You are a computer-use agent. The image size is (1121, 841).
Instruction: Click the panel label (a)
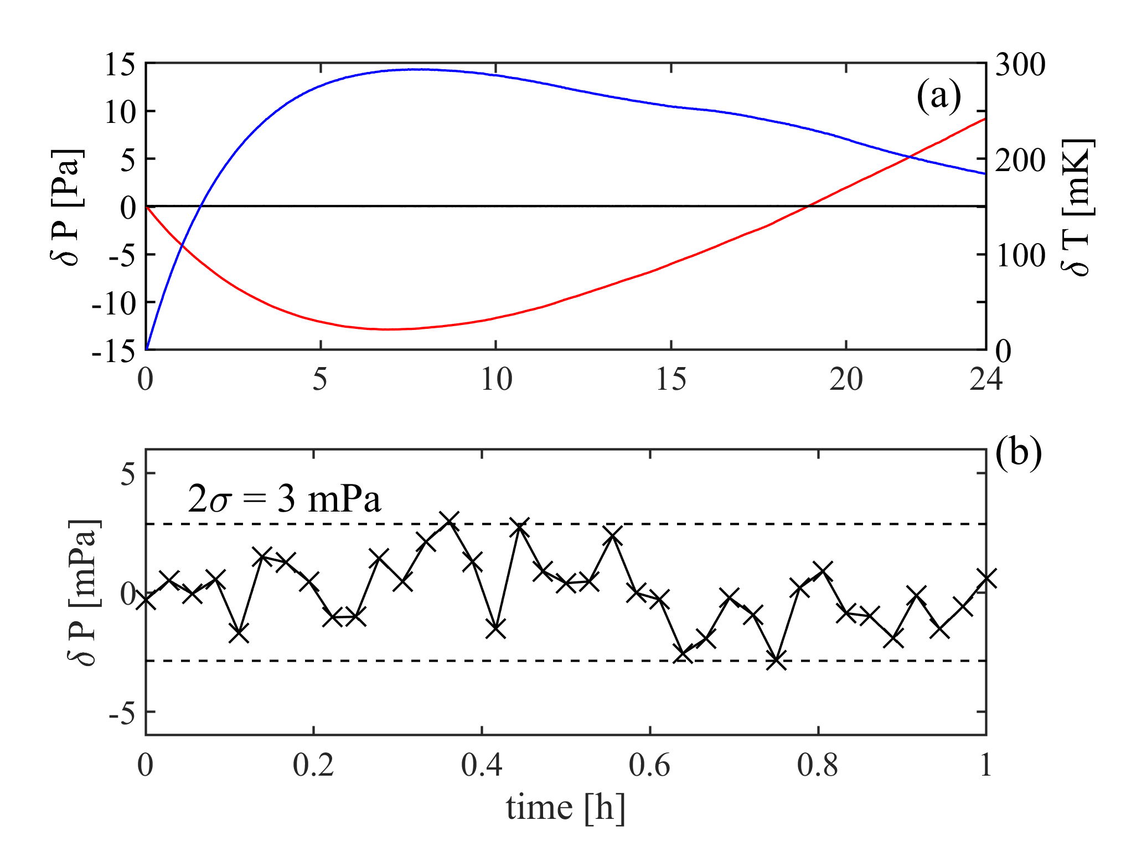[x=939, y=96]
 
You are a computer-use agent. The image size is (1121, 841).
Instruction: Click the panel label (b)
[x=1019, y=453]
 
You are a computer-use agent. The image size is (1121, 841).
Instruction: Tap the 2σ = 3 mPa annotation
[x=285, y=499]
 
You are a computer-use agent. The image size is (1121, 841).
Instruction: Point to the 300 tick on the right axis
[x=1020, y=64]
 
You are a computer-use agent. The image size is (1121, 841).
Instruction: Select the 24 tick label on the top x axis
[x=985, y=380]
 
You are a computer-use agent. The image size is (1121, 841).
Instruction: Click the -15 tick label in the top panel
[x=113, y=351]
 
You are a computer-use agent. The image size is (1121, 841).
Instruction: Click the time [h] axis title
[x=565, y=807]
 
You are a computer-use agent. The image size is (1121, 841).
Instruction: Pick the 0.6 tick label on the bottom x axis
[x=649, y=765]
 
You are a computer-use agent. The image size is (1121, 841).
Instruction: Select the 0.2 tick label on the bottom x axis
[x=313, y=765]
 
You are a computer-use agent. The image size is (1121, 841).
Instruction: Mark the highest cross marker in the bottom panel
[x=449, y=520]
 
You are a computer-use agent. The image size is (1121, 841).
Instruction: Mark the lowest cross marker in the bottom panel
[x=777, y=660]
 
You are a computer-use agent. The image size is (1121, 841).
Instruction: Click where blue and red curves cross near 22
[x=909, y=157]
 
